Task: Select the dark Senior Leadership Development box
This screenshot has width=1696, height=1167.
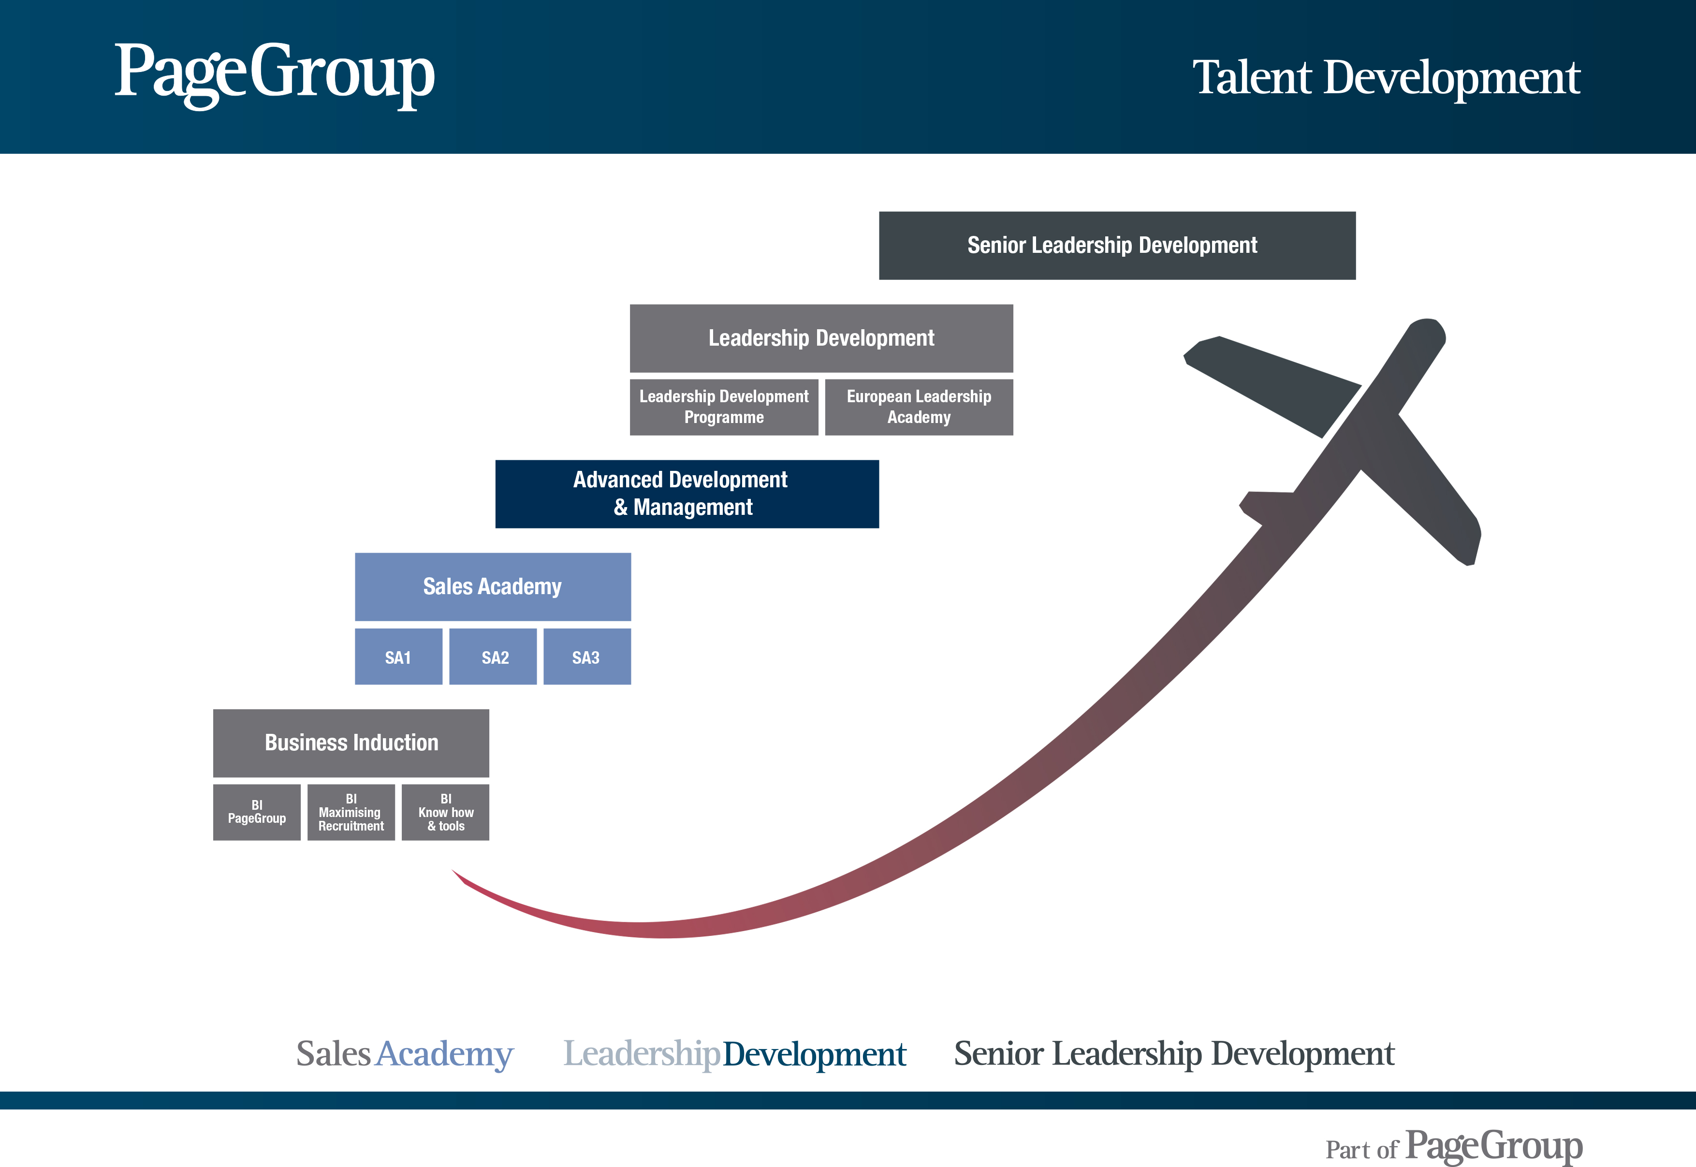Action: point(1117,246)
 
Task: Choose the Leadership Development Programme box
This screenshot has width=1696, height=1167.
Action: point(724,407)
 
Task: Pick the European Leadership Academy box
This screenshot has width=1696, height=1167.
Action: point(919,407)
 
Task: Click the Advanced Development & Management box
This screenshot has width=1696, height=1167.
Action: point(687,494)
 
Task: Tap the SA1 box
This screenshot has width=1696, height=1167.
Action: point(398,656)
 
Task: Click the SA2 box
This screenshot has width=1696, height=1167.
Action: point(493,656)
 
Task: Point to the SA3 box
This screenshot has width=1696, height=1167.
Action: point(587,656)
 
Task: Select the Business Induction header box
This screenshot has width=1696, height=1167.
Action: point(351,743)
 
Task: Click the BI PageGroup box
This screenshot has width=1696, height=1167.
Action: point(257,812)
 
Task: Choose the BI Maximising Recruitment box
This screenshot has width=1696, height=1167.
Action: point(351,812)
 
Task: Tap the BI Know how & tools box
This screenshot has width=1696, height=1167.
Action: point(445,812)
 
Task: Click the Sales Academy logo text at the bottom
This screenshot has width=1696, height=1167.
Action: point(405,1054)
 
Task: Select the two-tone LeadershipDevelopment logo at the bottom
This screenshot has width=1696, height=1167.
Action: point(735,1054)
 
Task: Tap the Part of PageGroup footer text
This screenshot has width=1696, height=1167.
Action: point(1454,1146)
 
